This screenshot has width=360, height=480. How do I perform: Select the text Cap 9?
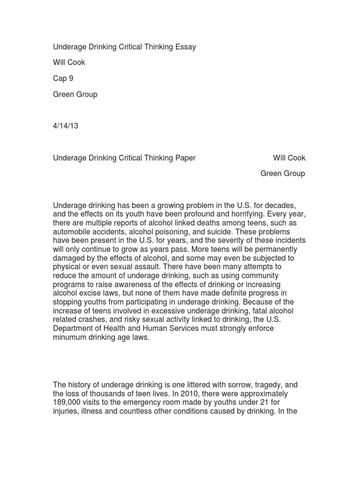(63, 78)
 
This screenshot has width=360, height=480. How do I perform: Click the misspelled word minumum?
(71, 337)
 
